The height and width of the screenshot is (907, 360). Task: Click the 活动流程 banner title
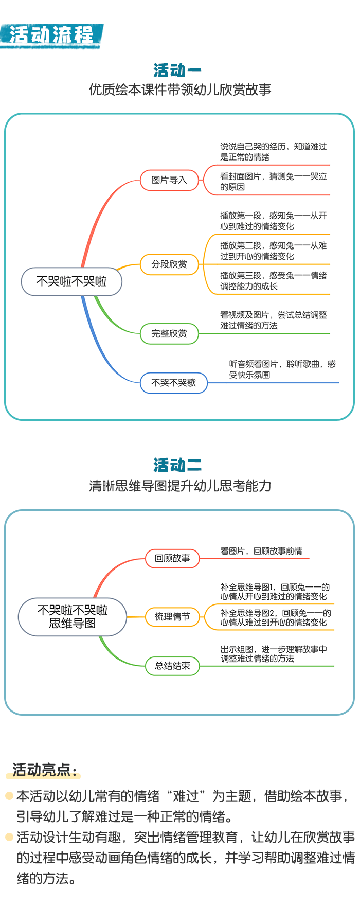coord(51,35)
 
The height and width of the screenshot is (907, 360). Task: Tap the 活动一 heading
coord(177,70)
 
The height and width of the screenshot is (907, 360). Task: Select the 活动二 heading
coord(177,465)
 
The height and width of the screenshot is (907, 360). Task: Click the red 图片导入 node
coord(169,180)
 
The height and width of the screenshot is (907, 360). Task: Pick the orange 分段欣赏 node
coord(169,264)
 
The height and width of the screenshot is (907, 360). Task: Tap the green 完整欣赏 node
coord(169,333)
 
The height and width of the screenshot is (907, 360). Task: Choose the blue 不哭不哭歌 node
coord(174,383)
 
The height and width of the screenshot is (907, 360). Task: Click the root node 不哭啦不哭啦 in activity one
coord(71,281)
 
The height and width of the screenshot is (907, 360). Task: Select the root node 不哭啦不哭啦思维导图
coord(73,617)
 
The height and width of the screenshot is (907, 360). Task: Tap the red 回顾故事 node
coord(172,558)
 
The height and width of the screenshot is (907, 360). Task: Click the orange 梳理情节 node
coord(172,616)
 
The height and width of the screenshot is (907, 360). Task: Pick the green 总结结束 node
coord(172,666)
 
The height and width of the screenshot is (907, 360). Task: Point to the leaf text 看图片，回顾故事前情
coord(261,551)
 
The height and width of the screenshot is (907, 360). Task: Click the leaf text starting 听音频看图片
coord(282,369)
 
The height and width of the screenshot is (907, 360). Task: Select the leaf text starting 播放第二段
coord(274,251)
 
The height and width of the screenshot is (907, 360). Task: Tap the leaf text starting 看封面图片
coord(274,182)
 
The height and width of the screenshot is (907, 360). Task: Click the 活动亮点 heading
coord(45,770)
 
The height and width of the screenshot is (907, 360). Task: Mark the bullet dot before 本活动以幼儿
coord(9,796)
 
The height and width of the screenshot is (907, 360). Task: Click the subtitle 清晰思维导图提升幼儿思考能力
coord(180,486)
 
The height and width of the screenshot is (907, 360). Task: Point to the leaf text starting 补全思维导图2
coord(276,618)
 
